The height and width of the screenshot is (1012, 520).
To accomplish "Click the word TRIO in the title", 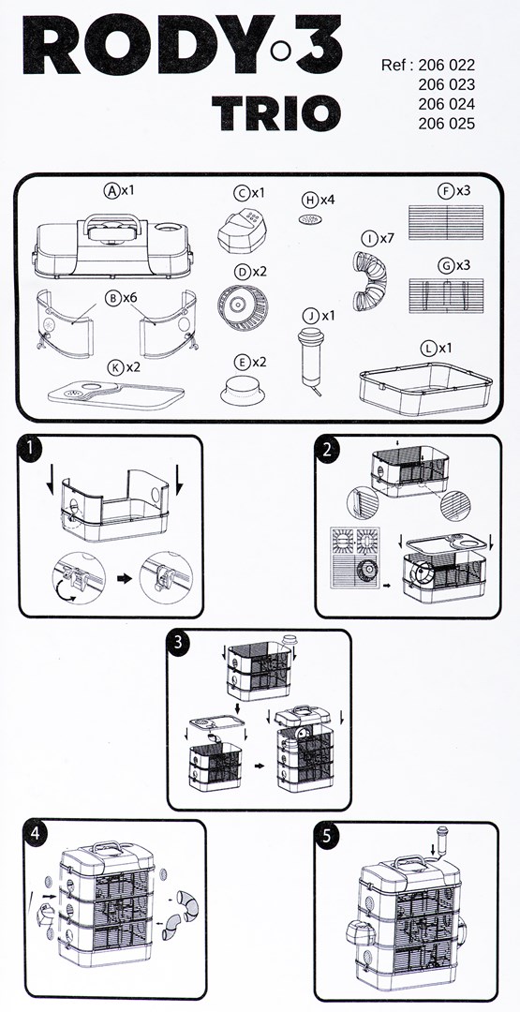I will click(275, 113).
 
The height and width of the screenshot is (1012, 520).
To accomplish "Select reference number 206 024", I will click(446, 104).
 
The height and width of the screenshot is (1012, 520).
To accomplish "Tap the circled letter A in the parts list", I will click(111, 190).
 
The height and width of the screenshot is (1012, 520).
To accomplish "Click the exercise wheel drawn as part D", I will click(243, 305).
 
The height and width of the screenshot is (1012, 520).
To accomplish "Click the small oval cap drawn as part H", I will click(309, 219).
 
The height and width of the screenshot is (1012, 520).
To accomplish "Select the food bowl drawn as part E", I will click(242, 390).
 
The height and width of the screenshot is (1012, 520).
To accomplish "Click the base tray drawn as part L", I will click(425, 387).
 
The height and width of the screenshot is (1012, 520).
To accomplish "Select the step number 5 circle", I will click(327, 837).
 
